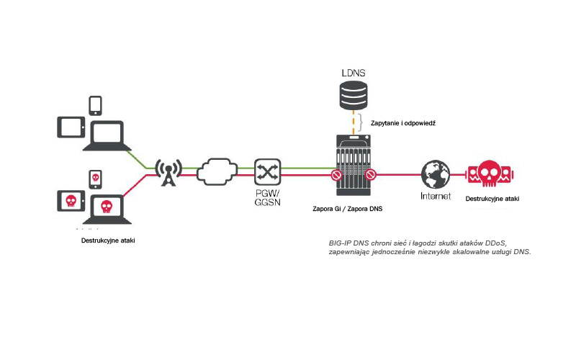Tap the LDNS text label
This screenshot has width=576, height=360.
tap(353, 73)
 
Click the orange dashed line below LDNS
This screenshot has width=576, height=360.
tap(353, 122)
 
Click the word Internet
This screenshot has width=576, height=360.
tap(435, 196)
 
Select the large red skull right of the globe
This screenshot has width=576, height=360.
tap(489, 175)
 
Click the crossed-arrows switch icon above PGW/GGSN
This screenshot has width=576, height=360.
tap(267, 171)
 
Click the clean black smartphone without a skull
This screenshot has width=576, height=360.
tap(96, 105)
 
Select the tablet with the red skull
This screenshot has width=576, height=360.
tap(71, 200)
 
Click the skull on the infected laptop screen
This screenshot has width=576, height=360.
tap(107, 207)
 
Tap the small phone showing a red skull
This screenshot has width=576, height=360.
tap(94, 178)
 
